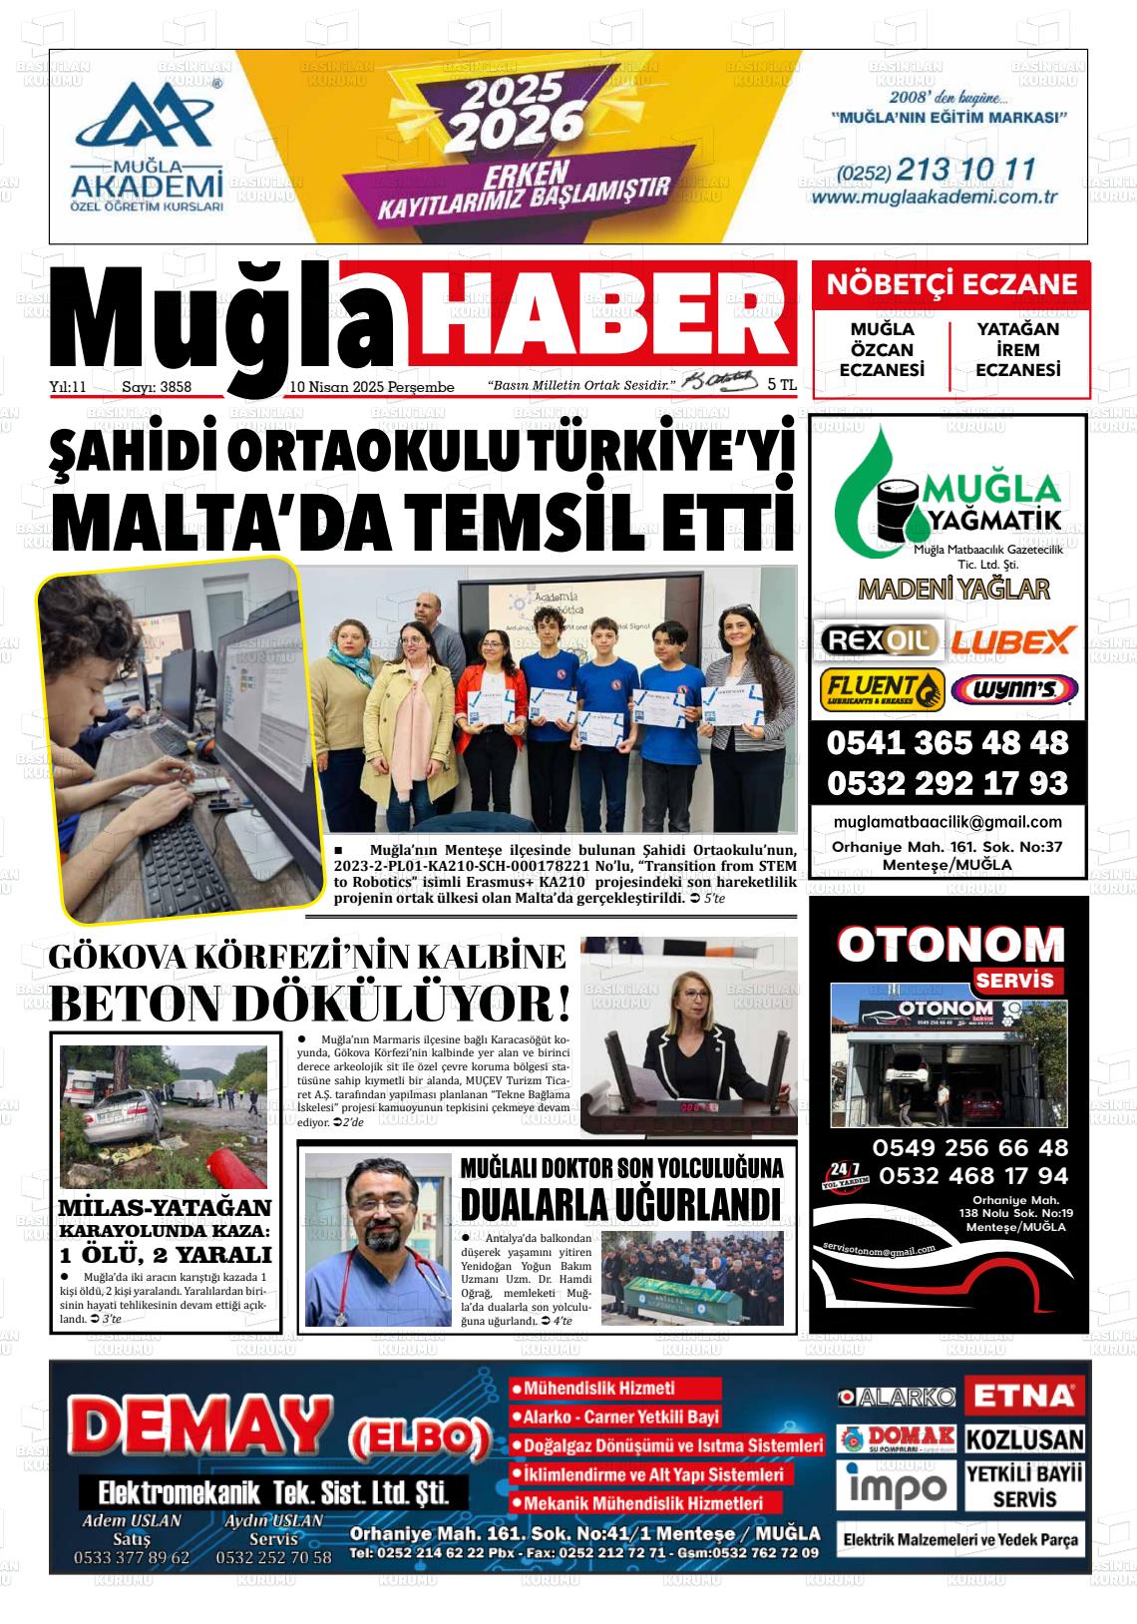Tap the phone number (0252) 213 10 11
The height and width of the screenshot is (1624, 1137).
(x=937, y=170)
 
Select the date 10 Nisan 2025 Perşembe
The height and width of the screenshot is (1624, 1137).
(x=371, y=387)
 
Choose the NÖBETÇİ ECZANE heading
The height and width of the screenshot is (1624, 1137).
(x=951, y=285)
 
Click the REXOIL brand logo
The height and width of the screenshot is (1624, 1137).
(x=878, y=639)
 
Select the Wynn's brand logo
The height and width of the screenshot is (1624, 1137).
(x=1013, y=689)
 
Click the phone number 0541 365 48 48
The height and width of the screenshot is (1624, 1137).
(x=947, y=743)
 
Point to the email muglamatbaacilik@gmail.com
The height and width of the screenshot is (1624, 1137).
(x=947, y=822)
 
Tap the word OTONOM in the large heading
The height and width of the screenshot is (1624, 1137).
(x=950, y=945)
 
